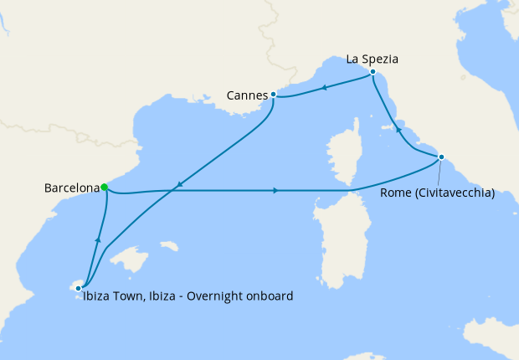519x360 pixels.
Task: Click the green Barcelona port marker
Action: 104,188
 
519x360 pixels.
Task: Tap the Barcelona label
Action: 71,188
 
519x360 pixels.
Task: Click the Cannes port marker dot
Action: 274,95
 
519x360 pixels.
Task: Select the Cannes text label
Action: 247,95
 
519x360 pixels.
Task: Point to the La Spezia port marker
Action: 372,73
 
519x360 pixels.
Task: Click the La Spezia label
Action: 372,59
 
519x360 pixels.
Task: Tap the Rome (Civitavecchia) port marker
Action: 441,157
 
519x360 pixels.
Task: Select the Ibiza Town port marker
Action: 79,288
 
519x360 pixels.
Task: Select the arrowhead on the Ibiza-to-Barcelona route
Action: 99,240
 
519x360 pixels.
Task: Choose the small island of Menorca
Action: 170,247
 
